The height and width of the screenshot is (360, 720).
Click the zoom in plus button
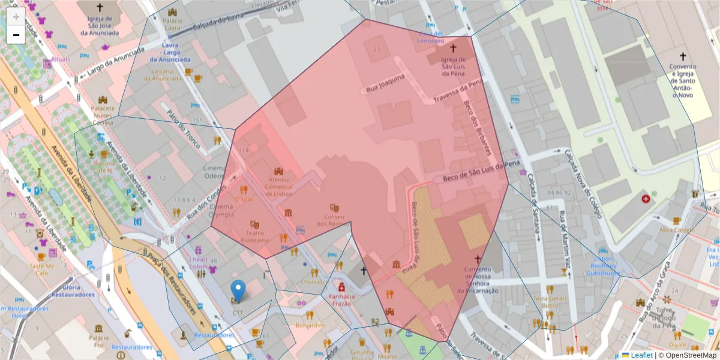16,17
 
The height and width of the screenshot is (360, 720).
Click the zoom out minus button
16,35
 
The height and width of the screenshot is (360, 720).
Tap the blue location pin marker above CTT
238,291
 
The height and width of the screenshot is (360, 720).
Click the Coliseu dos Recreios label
334,220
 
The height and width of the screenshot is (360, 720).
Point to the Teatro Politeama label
254,236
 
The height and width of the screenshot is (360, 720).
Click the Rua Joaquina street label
386,83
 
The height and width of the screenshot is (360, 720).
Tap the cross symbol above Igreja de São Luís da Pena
453,47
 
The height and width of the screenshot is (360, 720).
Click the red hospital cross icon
646,198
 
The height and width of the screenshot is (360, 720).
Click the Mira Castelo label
676,230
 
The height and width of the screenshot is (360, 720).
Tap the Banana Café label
104,166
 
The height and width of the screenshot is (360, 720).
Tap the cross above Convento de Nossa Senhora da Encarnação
478,259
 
